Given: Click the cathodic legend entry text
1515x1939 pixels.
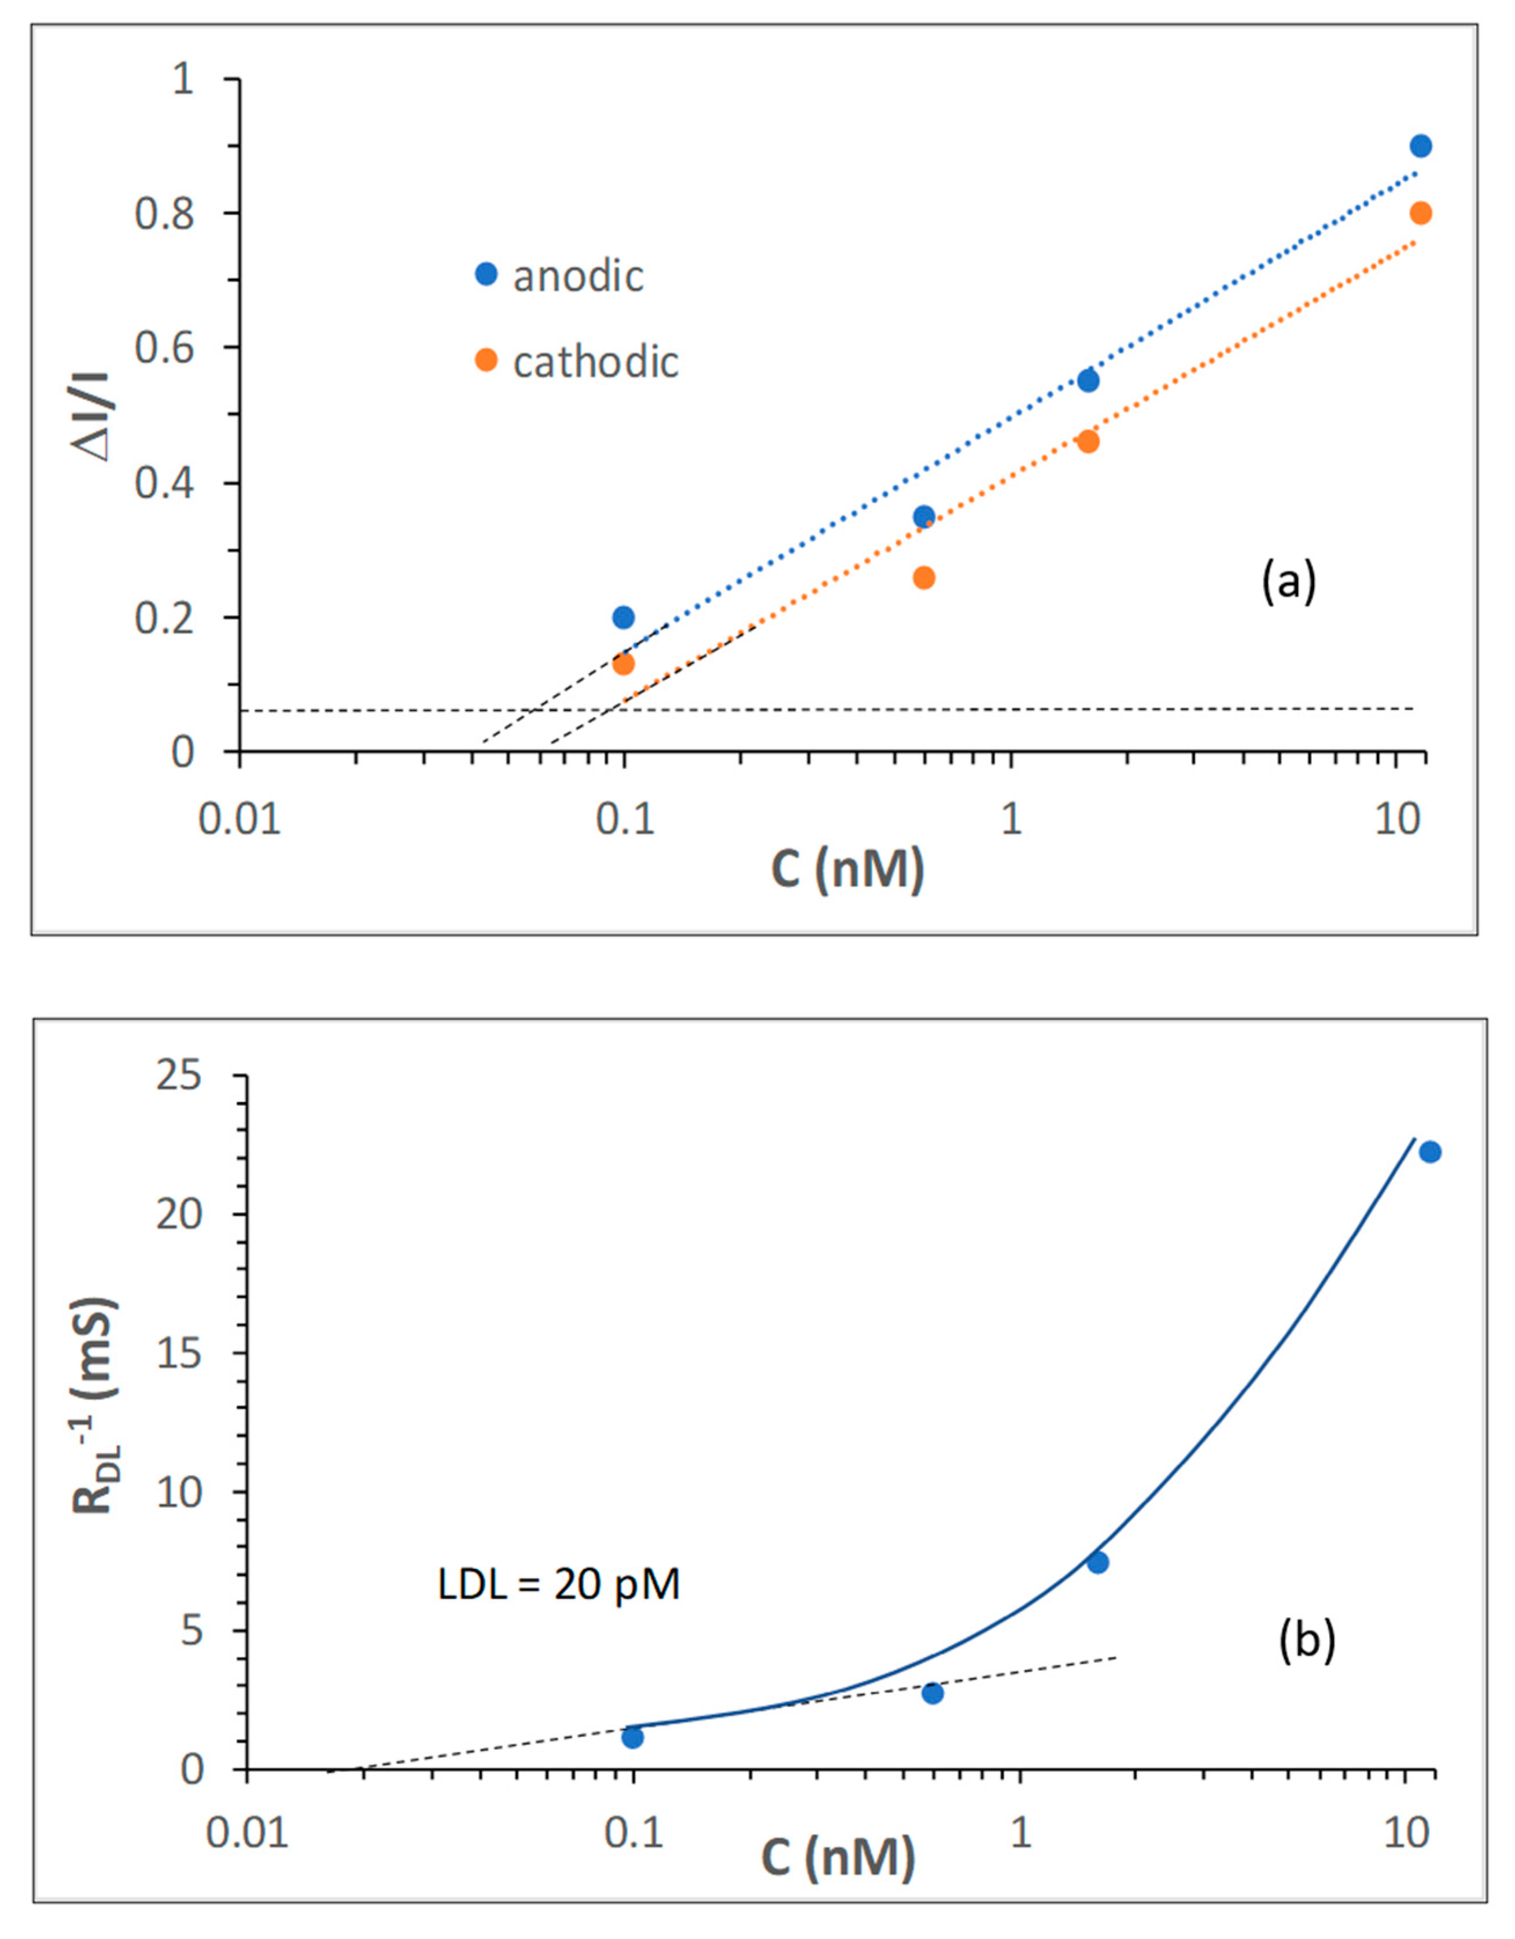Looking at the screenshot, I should pyautogui.click(x=596, y=361).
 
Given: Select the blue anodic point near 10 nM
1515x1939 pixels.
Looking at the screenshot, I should pyautogui.click(x=1420, y=146).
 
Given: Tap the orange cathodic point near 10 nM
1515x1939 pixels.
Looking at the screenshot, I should pyautogui.click(x=1420, y=213).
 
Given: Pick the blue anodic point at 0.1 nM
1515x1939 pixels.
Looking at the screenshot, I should pyautogui.click(x=624, y=617).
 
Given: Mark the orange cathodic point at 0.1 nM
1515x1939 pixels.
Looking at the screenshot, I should pyautogui.click(x=624, y=663).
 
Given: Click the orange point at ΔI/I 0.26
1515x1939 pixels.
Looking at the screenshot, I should pyautogui.click(x=924, y=578).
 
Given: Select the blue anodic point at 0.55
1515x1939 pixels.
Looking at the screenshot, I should pyautogui.click(x=1088, y=380).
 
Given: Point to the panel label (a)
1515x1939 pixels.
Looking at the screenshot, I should pyautogui.click(x=1289, y=582).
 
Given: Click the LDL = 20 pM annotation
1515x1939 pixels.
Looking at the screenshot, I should pyautogui.click(x=559, y=1585).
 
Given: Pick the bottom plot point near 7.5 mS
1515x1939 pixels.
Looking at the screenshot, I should pyautogui.click(x=1097, y=1563).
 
